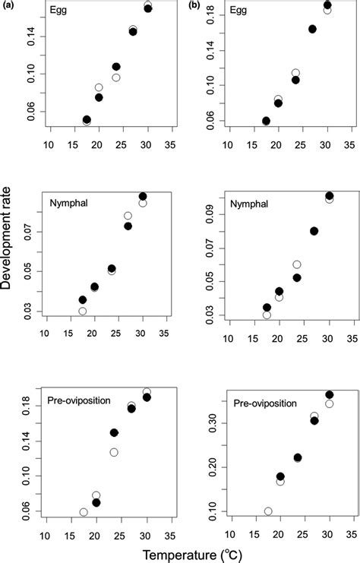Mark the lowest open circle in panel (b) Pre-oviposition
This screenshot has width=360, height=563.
[268, 511]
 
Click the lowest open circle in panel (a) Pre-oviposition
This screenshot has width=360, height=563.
[84, 512]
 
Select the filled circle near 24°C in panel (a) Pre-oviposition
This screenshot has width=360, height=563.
[114, 432]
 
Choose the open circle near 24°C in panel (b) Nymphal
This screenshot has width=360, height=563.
[297, 264]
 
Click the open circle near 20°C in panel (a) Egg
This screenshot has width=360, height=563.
[99, 87]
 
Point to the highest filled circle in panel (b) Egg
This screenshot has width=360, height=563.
[327, 5]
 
